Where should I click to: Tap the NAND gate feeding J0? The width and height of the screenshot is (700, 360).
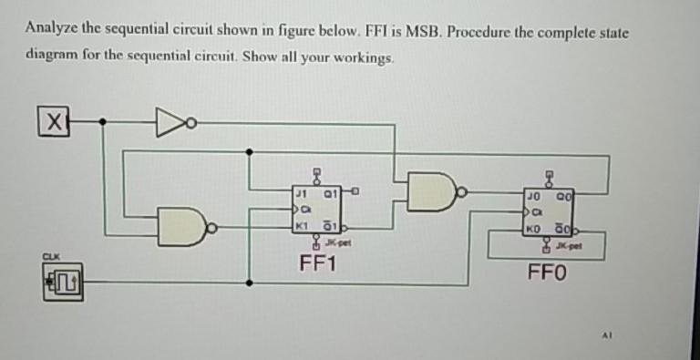(x=434, y=191)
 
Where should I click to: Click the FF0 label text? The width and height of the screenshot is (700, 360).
(x=547, y=272)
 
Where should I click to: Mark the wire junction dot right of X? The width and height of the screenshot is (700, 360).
(x=102, y=120)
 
